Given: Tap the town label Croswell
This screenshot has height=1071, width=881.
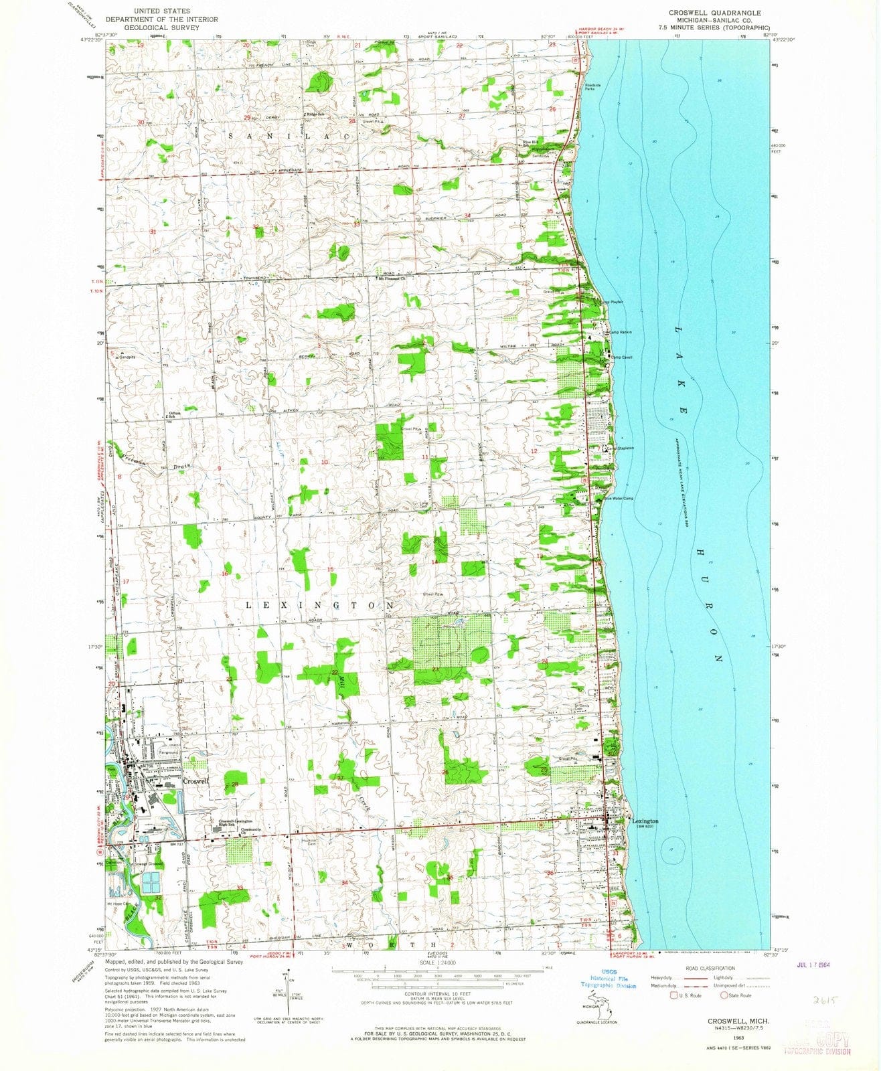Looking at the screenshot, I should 197,780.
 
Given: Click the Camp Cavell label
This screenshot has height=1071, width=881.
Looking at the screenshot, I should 623,357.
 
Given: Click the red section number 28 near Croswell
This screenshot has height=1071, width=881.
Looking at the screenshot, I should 235,784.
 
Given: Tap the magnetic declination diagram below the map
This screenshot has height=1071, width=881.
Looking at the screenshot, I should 289,1003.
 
